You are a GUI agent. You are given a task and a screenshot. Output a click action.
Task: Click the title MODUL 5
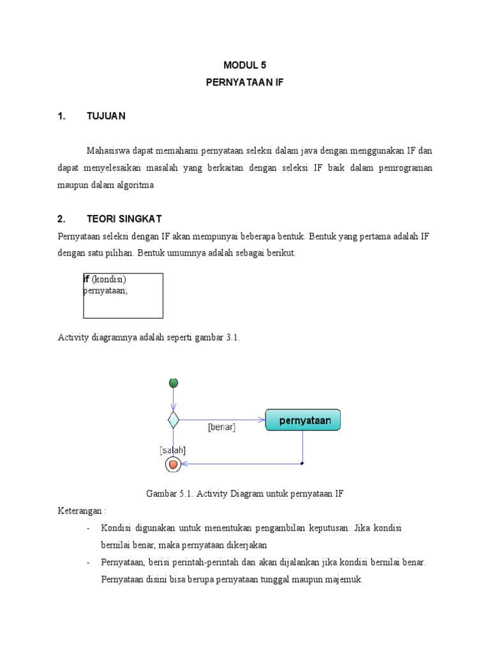[244, 65]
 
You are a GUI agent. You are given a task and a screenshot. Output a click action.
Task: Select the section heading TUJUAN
[106, 116]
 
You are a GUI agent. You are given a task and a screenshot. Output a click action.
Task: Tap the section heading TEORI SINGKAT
[124, 219]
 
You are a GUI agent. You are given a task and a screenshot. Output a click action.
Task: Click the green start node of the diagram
[173, 383]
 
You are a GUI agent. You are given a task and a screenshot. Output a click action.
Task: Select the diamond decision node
[173, 420]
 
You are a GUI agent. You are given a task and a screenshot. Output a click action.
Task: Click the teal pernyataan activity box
[303, 420]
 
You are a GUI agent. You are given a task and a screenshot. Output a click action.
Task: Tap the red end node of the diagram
[173, 464]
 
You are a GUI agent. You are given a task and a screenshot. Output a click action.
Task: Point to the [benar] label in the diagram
[221, 428]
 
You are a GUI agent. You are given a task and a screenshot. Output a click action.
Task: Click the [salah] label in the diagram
[172, 450]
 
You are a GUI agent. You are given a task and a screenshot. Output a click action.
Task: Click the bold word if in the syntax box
[86, 279]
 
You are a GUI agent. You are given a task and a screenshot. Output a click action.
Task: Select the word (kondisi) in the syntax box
[109, 279]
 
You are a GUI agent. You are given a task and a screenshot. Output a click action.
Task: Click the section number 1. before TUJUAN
[61, 116]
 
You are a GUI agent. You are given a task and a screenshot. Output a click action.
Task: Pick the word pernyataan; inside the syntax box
[105, 290]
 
